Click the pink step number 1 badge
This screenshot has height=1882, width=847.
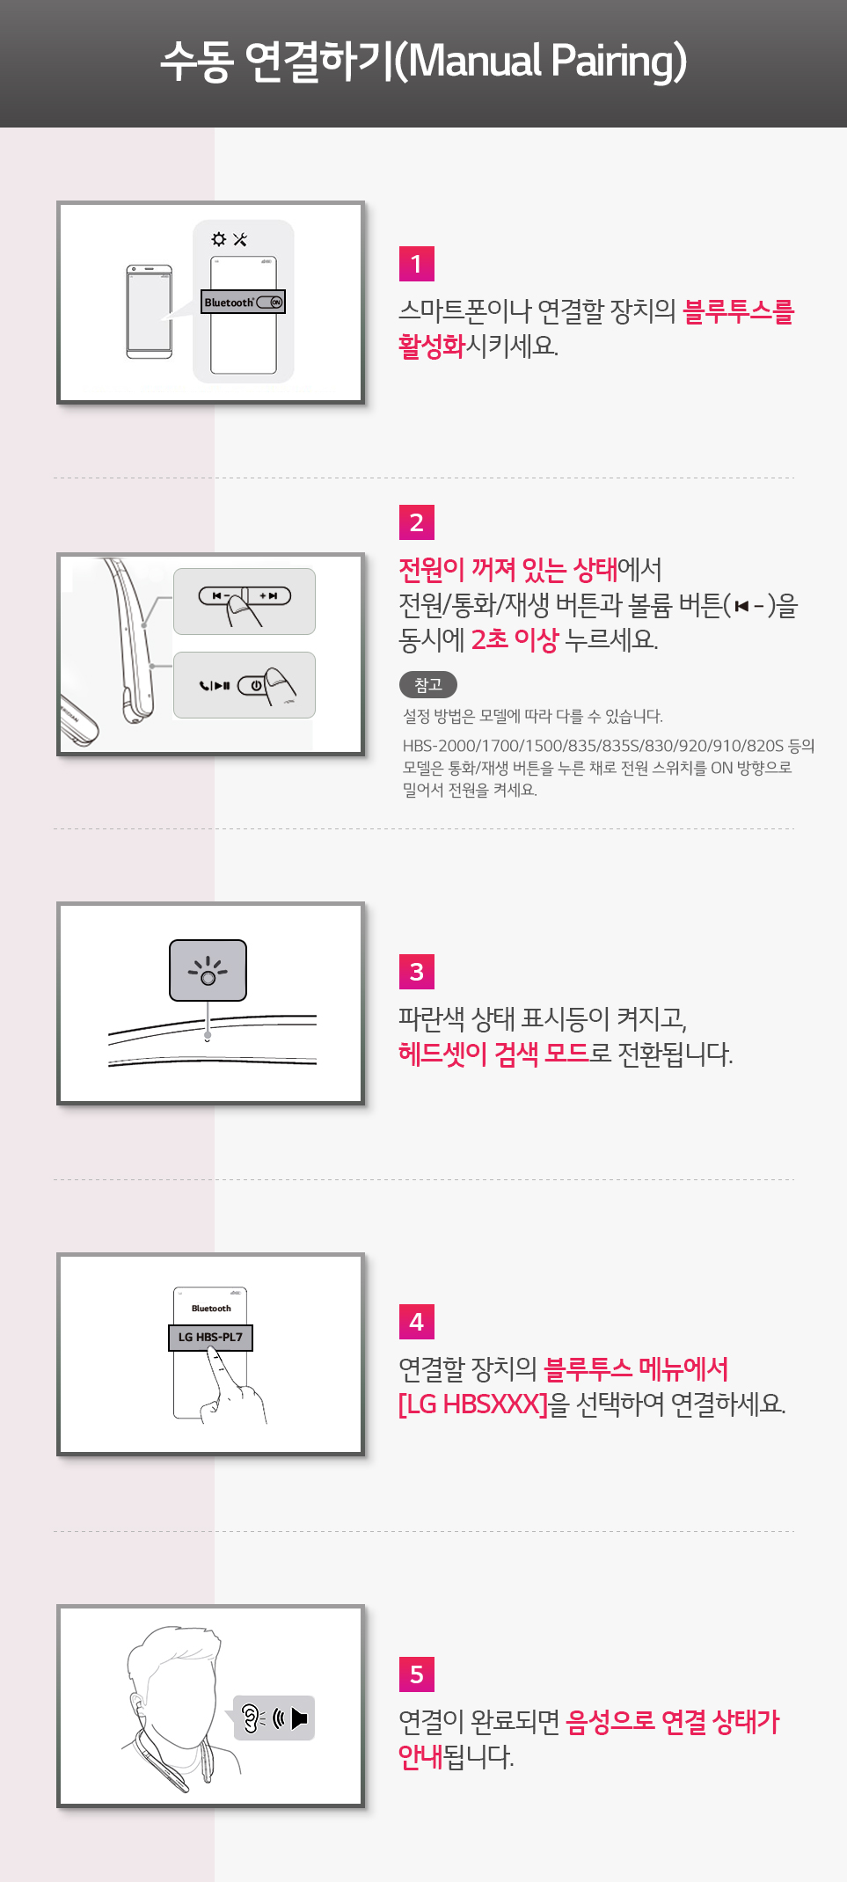tap(416, 264)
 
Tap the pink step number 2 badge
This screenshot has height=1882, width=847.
tap(416, 522)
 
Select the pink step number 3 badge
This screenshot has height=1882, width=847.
tap(416, 972)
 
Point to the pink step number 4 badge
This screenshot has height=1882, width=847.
tap(416, 1322)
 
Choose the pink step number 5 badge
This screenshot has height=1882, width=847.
tap(416, 1674)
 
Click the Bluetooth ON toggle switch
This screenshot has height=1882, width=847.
tap(270, 303)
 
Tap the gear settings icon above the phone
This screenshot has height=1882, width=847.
tap(219, 239)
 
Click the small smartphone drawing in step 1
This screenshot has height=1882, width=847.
tap(149, 312)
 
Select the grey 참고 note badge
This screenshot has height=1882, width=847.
tap(428, 684)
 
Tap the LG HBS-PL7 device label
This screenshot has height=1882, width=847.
tap(210, 1338)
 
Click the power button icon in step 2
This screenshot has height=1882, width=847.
tap(256, 685)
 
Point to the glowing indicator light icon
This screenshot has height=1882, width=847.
tap(208, 971)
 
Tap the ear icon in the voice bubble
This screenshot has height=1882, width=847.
tap(252, 1718)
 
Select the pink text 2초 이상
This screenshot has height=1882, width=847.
tap(515, 639)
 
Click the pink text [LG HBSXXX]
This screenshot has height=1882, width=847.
tap(473, 1404)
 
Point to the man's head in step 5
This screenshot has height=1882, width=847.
tap(176, 1675)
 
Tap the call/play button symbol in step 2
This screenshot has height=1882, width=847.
tap(215, 685)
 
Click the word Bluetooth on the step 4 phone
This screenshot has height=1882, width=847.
tap(211, 1309)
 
